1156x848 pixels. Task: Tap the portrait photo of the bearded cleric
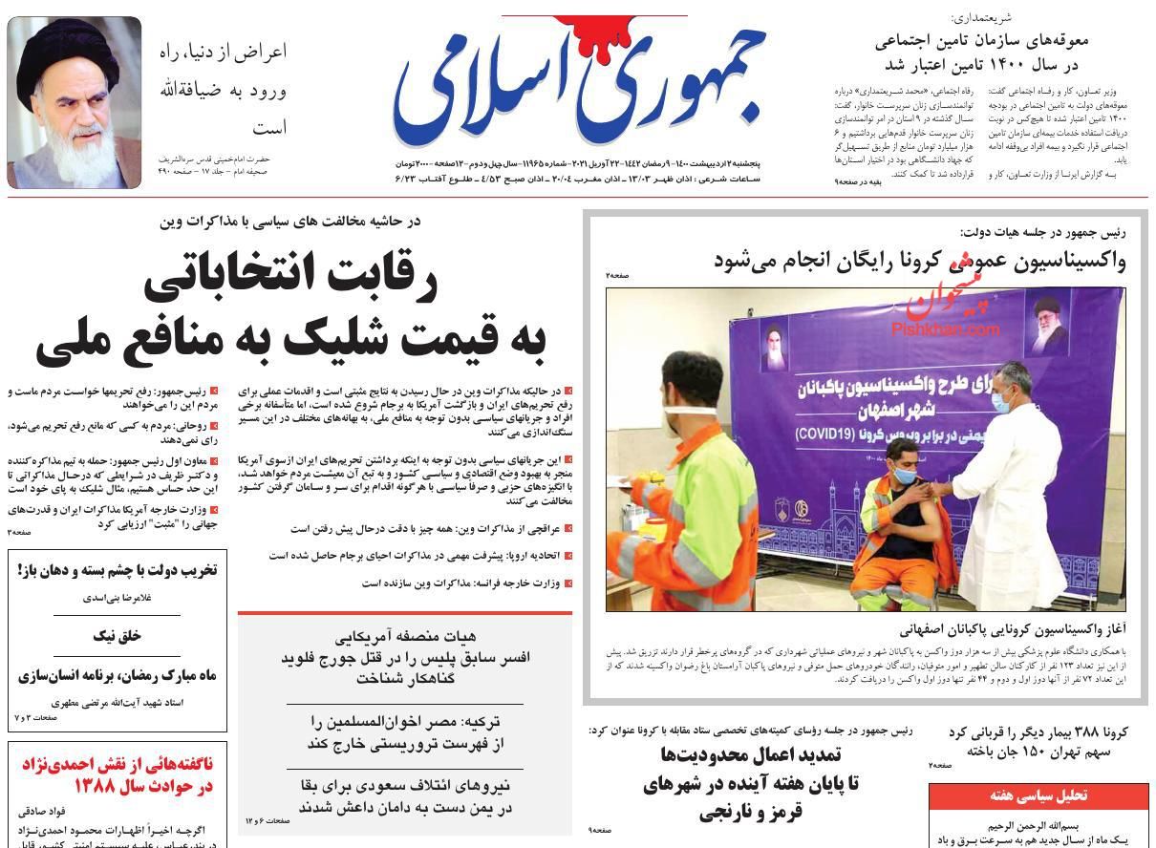pos(75,101)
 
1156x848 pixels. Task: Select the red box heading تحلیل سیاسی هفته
pos(1038,795)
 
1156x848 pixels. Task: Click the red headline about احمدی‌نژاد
pos(117,774)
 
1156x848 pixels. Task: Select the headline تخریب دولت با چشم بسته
pos(118,570)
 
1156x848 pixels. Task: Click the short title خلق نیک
pos(118,634)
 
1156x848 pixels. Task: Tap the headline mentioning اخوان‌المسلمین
pos(405,731)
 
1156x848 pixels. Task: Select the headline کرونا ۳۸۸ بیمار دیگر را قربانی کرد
pos(1038,740)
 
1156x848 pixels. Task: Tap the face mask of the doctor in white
pos(1000,401)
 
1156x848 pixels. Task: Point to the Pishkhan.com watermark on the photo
pos(946,328)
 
